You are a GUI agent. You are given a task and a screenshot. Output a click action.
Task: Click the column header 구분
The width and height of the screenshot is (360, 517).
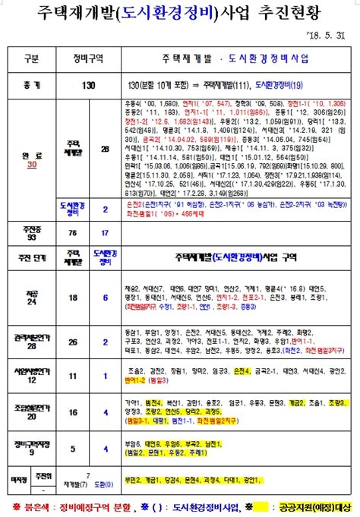pyautogui.click(x=31, y=58)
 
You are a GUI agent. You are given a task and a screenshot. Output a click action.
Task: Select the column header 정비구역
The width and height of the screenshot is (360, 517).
pyautogui.click(x=89, y=58)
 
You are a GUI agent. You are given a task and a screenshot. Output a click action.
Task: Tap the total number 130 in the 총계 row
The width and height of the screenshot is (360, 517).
pyautogui.click(x=89, y=86)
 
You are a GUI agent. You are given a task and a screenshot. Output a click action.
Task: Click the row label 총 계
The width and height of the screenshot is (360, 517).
pyautogui.click(x=31, y=86)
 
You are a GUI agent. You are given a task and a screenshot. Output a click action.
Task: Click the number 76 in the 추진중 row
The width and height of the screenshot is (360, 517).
pyautogui.click(x=73, y=232)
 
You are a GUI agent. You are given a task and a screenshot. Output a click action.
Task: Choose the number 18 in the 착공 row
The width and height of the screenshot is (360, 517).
pyautogui.click(x=73, y=300)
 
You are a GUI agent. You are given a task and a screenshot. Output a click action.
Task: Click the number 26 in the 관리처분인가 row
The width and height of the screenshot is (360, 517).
pyautogui.click(x=73, y=342)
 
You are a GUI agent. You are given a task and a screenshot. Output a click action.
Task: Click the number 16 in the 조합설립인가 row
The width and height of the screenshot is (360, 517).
pyautogui.click(x=73, y=412)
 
